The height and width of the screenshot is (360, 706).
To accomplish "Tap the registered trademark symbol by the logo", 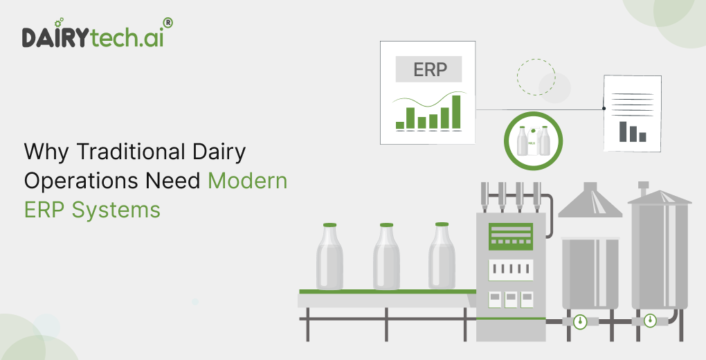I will coord(168,23).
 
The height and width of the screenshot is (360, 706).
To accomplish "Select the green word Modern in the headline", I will coord(247,180).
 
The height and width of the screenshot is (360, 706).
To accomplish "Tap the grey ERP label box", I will coord(428,70).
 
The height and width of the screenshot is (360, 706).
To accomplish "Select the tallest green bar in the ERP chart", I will coord(456,112).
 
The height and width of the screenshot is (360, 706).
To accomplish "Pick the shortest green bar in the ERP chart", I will coord(399,125).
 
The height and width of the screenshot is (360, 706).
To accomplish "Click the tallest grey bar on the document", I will coord(622,131).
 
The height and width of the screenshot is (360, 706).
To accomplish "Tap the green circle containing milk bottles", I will coord(533,141).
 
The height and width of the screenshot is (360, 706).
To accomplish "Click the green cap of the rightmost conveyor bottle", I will coord(442,224).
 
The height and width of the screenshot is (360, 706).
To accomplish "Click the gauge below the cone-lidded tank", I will coord(579,322).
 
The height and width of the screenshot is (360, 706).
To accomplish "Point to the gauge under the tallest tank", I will coord(650,321).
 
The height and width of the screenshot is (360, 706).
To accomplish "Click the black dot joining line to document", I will coord(604,109).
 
